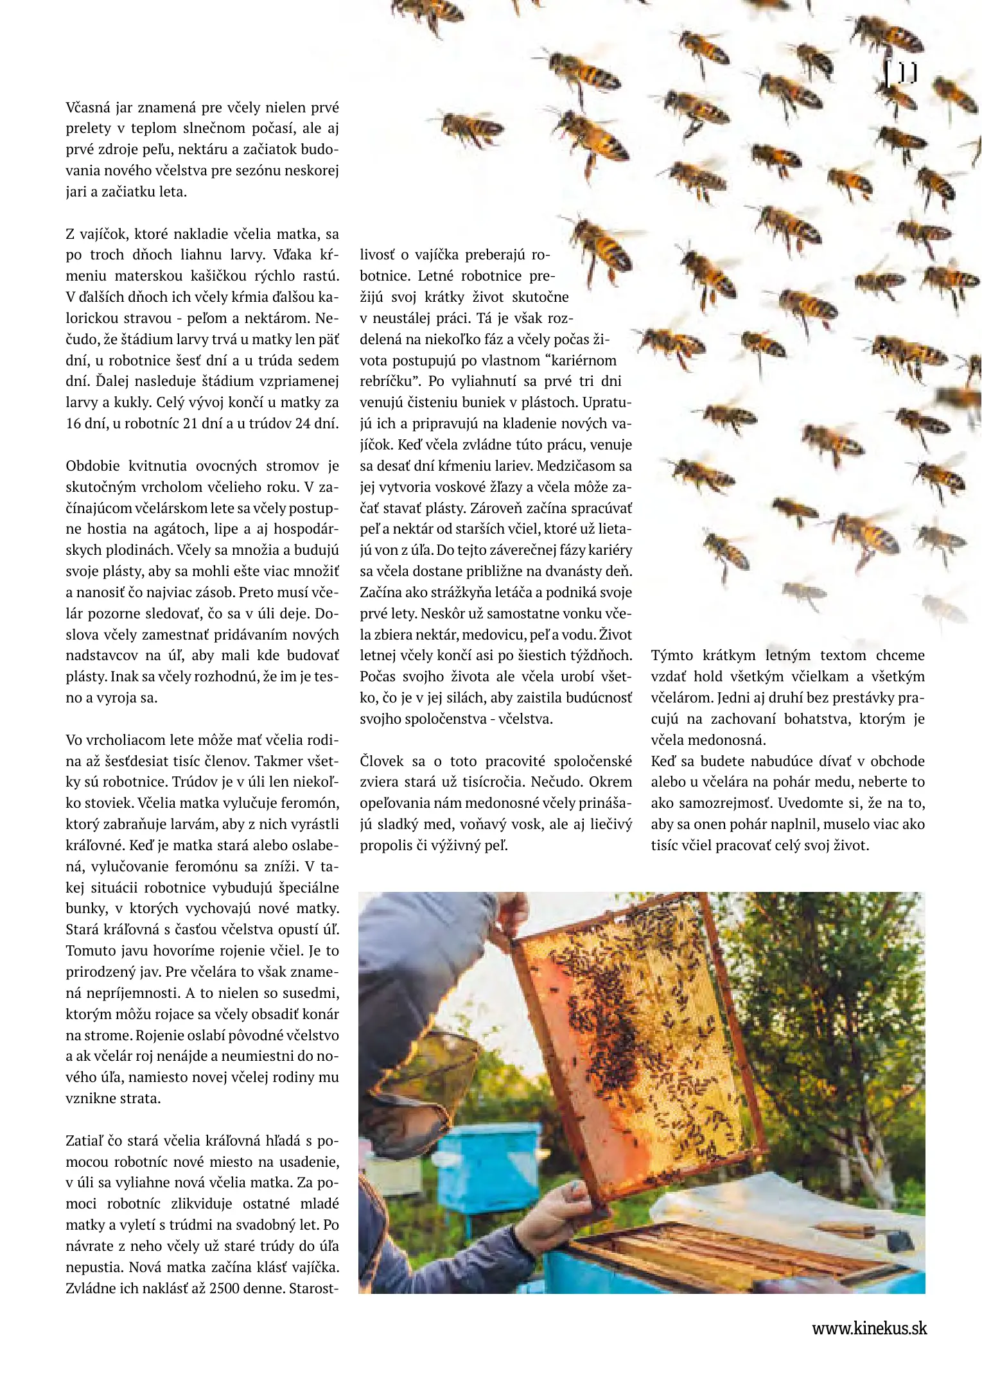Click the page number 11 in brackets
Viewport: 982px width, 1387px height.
coord(901,73)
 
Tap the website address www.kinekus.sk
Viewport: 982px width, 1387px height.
coord(869,1328)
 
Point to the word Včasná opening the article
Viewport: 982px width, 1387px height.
coord(87,107)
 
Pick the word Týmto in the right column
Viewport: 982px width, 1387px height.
coord(672,655)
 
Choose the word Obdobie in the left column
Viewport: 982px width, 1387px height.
coord(92,466)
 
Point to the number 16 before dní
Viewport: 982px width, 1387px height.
coord(73,423)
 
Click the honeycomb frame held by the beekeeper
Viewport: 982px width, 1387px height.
coord(636,1040)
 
